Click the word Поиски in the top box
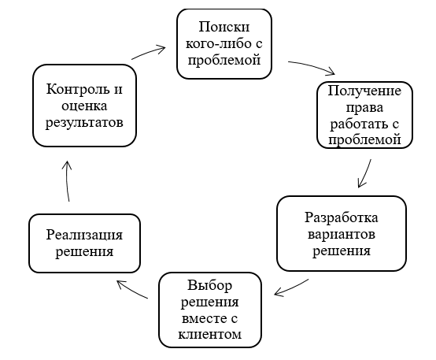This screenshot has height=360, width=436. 224,27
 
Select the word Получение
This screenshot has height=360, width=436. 364,91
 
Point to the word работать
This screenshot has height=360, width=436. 357,124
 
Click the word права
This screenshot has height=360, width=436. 364,107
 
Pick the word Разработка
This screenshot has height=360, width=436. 342,217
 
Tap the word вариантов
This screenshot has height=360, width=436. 342,234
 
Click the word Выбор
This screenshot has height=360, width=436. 209,285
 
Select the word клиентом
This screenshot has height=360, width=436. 209,334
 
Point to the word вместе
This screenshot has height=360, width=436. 204,318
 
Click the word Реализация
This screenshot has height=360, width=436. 84,235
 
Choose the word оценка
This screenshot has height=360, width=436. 84,106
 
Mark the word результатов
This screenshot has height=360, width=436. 84,123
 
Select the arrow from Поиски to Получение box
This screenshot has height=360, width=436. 312,66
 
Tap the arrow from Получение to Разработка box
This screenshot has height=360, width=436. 366,173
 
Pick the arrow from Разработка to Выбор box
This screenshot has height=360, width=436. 291,288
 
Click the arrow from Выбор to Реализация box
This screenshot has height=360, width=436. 131,290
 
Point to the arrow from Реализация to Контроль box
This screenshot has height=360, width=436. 67,181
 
